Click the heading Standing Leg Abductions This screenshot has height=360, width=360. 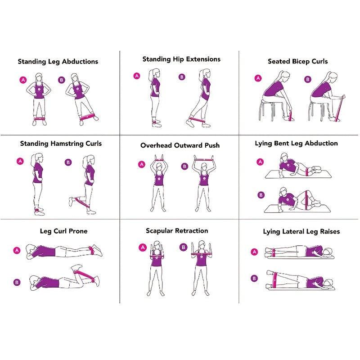58,62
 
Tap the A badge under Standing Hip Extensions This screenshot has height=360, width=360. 137,76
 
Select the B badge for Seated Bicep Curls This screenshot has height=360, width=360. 308,79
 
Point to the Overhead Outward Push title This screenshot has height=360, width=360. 180,145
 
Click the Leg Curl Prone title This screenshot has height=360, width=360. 63,231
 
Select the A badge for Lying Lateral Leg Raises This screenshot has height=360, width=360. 254,252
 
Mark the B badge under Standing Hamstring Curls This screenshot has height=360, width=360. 68,162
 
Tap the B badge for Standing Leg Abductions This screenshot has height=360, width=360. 62,80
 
